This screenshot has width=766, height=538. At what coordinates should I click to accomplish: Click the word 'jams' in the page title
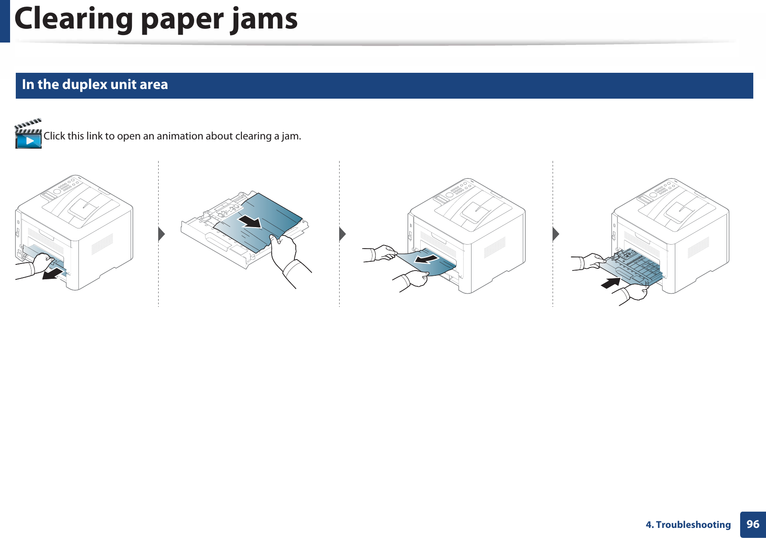point(264,19)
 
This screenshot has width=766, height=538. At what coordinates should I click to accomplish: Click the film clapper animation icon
point(28,134)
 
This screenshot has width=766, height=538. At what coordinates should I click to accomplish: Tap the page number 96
point(753,524)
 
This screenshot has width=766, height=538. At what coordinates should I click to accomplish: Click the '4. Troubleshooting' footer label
point(688,525)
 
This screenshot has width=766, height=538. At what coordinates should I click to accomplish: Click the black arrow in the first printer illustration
point(53,274)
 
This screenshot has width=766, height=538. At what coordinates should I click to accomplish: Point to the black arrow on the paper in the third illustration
point(426,260)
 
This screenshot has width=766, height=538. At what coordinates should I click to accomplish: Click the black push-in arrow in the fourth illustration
point(610,283)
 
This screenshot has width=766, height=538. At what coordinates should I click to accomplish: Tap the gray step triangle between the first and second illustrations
point(161,234)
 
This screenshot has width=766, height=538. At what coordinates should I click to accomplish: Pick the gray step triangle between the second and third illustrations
point(342,234)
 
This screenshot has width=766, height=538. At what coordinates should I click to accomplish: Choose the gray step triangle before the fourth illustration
point(556,234)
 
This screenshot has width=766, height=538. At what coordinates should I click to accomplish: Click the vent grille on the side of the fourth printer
point(698,247)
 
